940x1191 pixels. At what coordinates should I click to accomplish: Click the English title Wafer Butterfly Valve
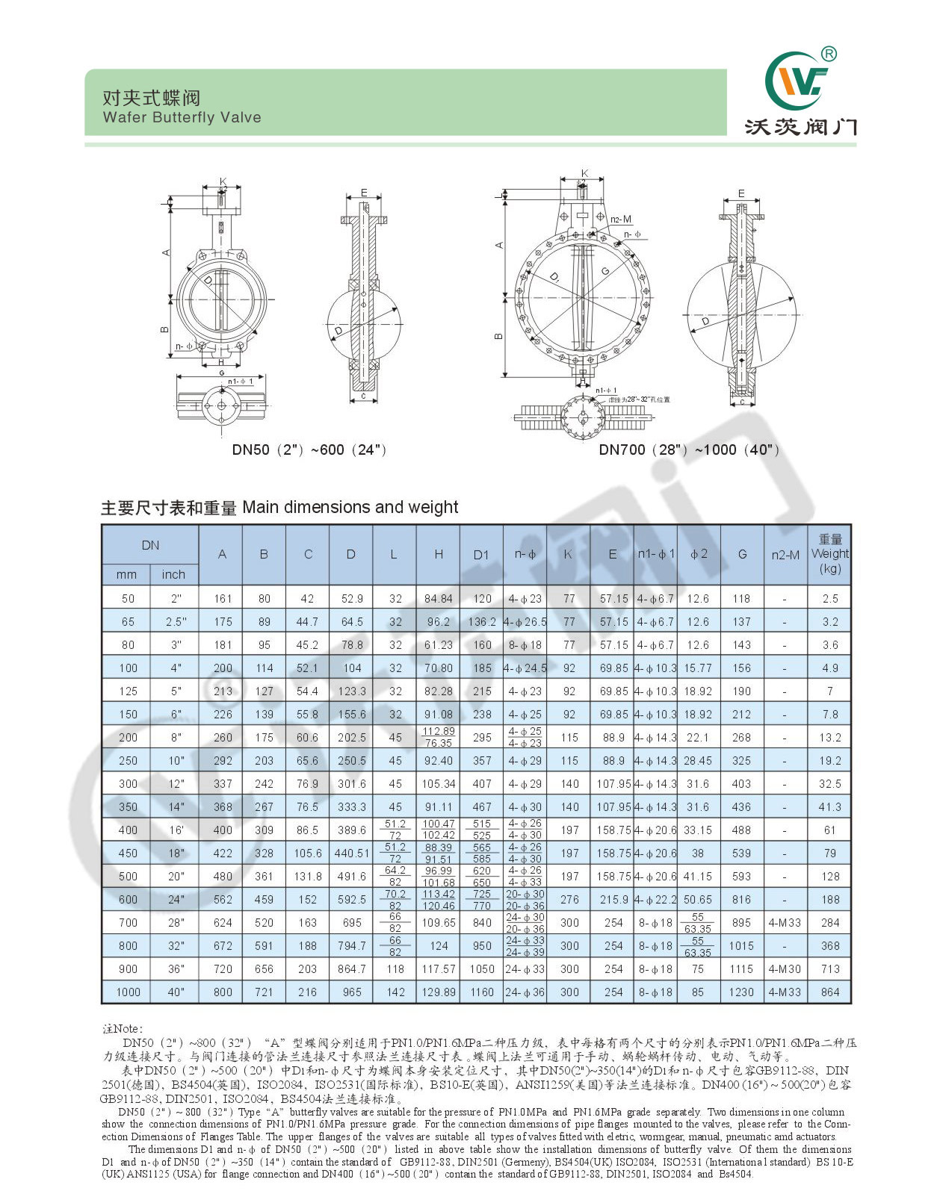(x=182, y=117)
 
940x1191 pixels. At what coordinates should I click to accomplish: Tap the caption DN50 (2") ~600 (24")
(x=309, y=450)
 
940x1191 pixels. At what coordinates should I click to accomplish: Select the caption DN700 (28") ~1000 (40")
(x=688, y=450)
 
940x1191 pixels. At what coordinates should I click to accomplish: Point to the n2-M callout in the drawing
(x=621, y=220)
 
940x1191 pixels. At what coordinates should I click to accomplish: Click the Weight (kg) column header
(x=829, y=553)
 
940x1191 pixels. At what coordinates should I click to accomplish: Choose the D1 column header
(x=480, y=555)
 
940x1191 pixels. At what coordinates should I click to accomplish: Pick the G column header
(x=742, y=554)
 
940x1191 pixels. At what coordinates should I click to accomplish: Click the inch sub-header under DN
(x=173, y=574)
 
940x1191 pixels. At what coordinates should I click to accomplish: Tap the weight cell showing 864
(x=829, y=992)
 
